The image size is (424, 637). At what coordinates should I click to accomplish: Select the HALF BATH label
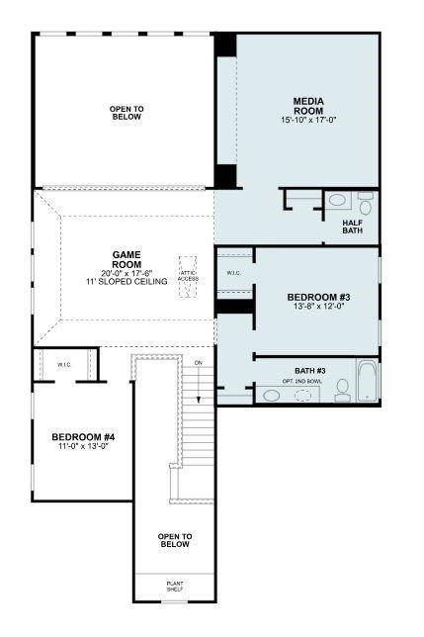pyautogui.click(x=355, y=227)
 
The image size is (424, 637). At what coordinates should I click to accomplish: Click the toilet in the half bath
pyautogui.click(x=365, y=205)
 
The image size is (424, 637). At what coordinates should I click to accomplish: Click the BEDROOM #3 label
pyautogui.click(x=318, y=298)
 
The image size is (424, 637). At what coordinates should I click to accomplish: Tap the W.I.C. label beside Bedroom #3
pyautogui.click(x=234, y=273)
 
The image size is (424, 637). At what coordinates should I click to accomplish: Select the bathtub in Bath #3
pyautogui.click(x=368, y=381)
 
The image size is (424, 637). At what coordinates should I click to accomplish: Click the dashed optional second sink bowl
pyautogui.click(x=303, y=395)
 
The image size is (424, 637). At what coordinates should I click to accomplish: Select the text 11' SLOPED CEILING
pyautogui.click(x=126, y=282)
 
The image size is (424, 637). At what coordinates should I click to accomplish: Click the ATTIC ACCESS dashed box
pyautogui.click(x=188, y=270)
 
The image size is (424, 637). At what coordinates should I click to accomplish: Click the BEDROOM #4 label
pyautogui.click(x=84, y=436)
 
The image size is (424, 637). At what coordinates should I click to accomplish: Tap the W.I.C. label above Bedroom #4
pyautogui.click(x=64, y=365)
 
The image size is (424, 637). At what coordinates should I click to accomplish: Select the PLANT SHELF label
pyautogui.click(x=174, y=586)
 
